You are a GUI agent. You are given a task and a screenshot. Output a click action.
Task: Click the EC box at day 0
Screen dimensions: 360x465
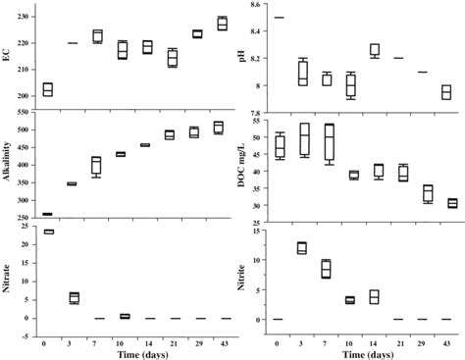(47, 89)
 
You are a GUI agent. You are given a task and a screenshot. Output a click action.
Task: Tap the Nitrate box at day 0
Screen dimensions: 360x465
(47, 231)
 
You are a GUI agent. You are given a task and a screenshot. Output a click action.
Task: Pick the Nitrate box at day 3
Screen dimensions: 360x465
(73, 297)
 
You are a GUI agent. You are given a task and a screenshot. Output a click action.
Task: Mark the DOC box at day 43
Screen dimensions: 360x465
(451, 203)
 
